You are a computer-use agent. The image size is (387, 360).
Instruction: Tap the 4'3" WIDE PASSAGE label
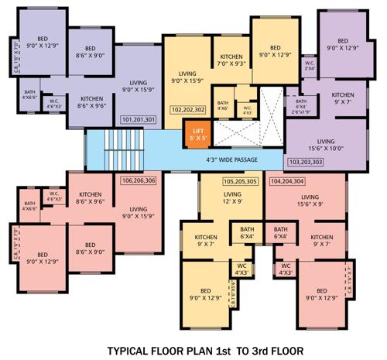[x=231, y=159]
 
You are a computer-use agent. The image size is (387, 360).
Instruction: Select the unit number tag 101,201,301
[x=139, y=120]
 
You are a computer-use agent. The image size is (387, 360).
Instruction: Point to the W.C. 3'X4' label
[x=309, y=65]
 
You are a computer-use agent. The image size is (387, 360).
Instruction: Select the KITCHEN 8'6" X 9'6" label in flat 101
[x=91, y=103]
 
